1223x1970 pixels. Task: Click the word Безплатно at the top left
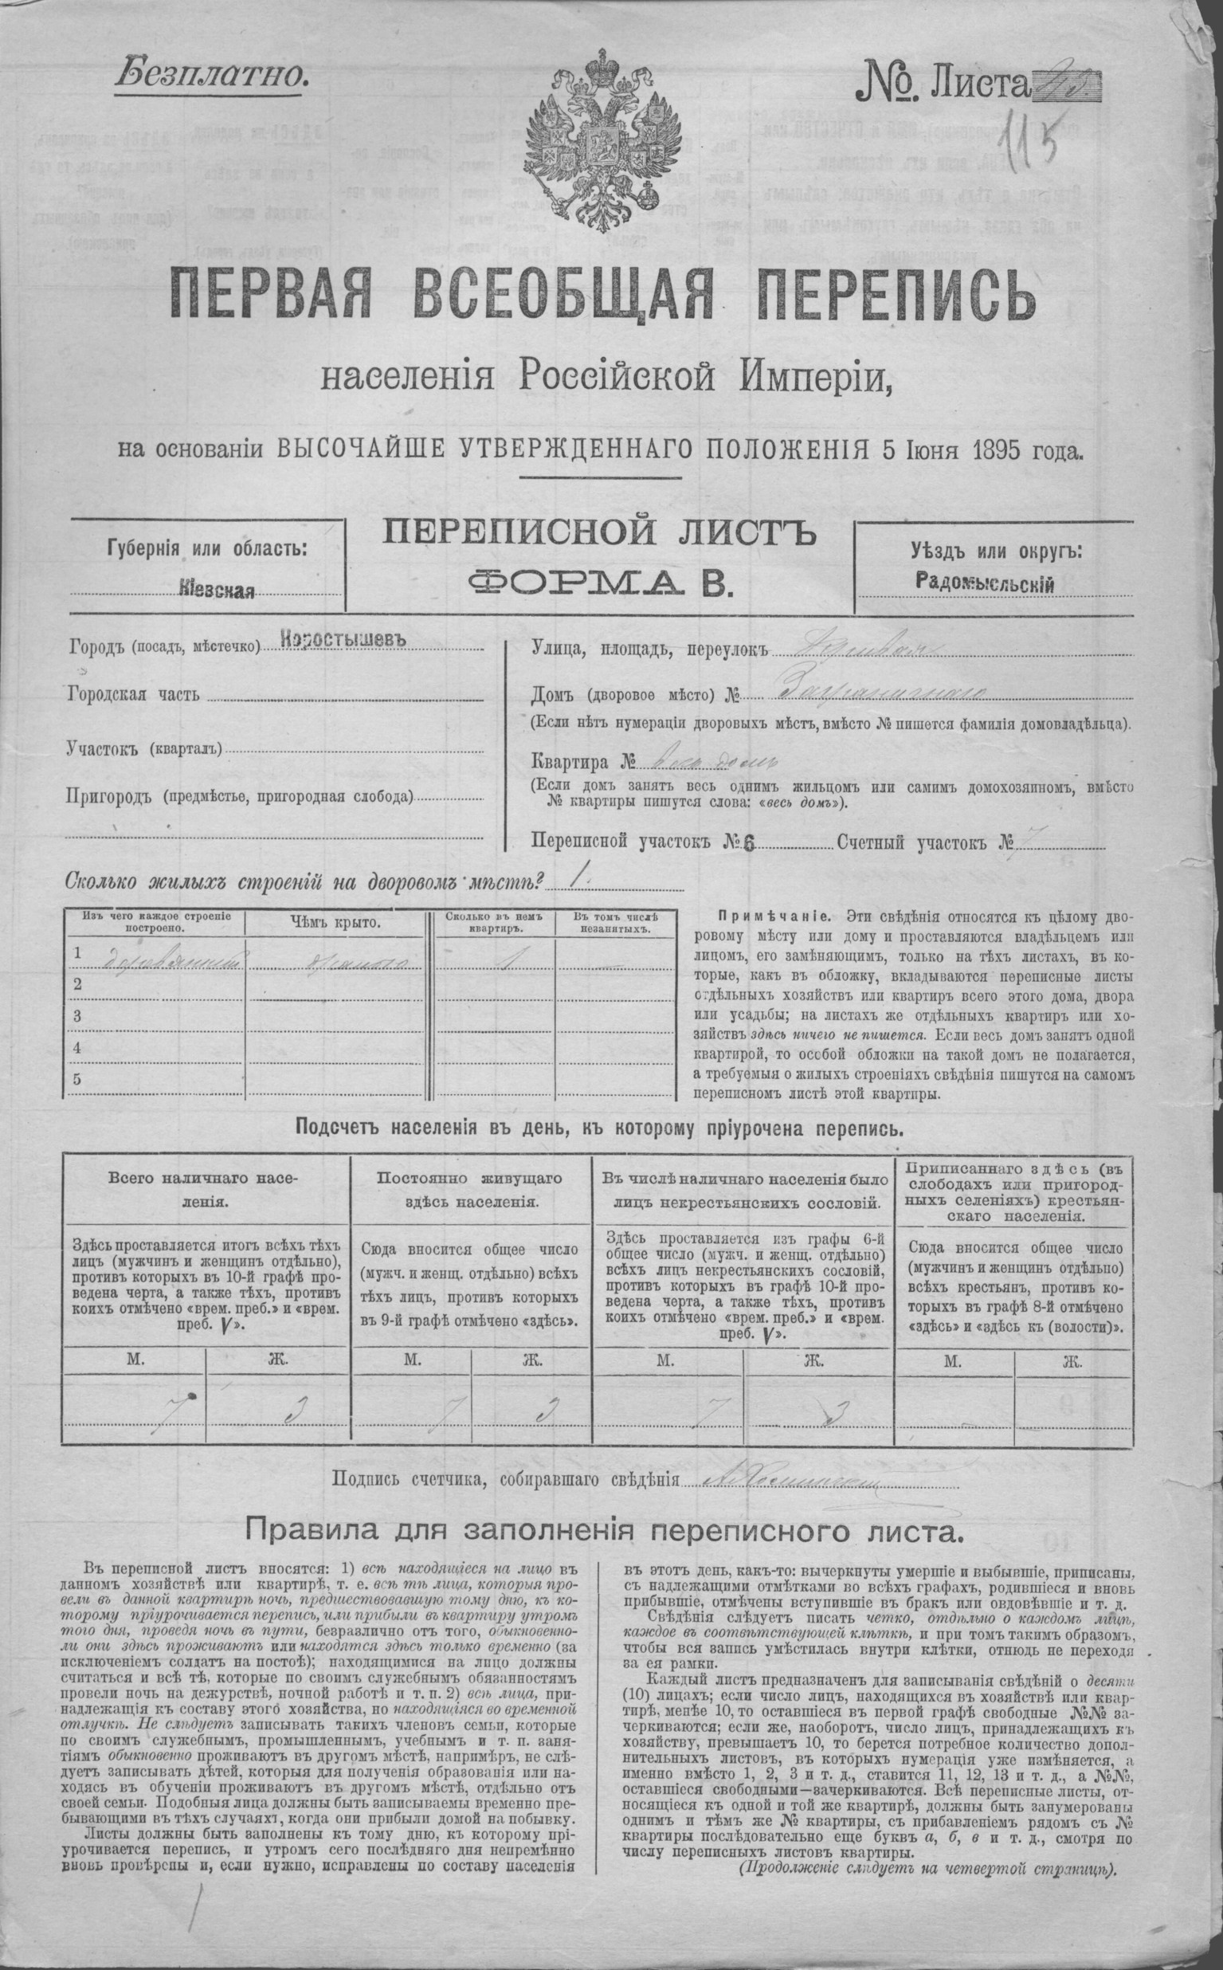(213, 75)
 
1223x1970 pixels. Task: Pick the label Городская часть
(131, 695)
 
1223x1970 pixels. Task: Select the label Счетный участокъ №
(926, 842)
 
